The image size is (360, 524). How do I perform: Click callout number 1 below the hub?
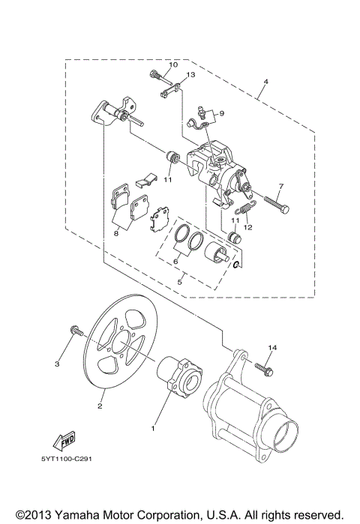(x=154, y=429)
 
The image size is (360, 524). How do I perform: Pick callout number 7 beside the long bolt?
(x=280, y=187)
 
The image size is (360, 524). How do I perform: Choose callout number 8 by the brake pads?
(x=117, y=234)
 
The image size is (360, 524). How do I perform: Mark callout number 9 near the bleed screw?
(x=221, y=113)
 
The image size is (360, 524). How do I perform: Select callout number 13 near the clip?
(x=190, y=76)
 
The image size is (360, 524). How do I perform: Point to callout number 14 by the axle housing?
(x=272, y=348)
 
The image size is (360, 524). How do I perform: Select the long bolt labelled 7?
(x=272, y=202)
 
